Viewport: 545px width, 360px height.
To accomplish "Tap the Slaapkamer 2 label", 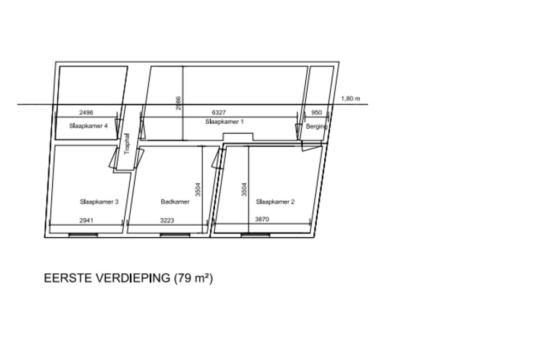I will (275, 202).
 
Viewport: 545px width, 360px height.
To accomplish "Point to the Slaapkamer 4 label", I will (88, 125).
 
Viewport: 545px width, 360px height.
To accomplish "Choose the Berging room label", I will (317, 126).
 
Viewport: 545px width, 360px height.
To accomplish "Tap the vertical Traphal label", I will (127, 145).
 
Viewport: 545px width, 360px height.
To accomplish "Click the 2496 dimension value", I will (86, 113).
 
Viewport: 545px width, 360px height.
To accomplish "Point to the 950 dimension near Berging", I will (317, 113).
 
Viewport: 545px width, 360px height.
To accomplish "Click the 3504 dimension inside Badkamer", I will (198, 189).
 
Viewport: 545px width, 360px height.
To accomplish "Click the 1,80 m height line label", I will (350, 99).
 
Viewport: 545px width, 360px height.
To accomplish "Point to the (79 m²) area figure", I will (193, 278).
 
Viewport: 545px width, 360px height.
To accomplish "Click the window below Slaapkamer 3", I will (83, 235).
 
